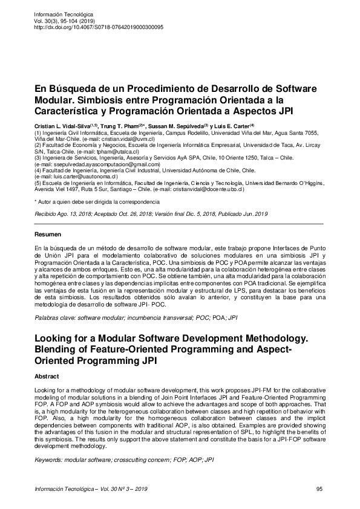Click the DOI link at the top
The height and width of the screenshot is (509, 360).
coord(99,27)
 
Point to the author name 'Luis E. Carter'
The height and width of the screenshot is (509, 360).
coord(232,125)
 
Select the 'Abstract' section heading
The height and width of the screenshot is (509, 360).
coord(47,375)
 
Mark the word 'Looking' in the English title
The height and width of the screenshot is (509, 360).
coord(56,340)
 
